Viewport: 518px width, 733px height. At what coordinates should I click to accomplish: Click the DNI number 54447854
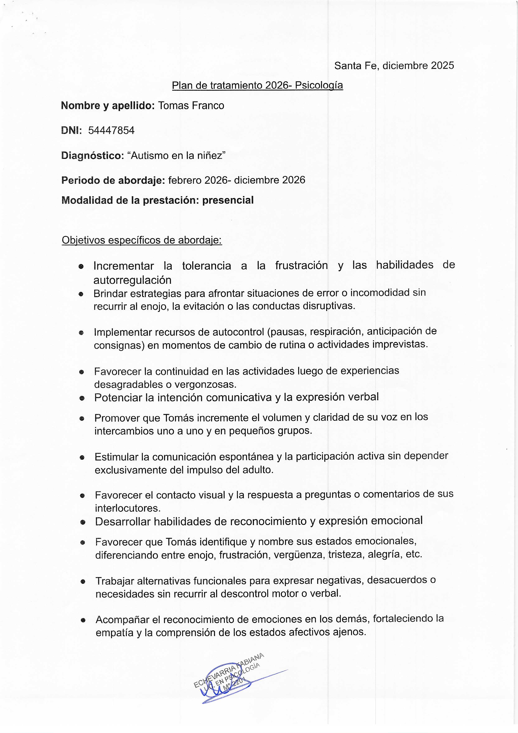click(x=111, y=130)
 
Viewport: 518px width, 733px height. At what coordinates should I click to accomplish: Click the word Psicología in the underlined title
click(x=319, y=85)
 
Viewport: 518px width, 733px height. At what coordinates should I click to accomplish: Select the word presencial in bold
click(x=228, y=200)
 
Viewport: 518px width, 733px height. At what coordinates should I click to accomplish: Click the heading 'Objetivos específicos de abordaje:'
click(x=142, y=240)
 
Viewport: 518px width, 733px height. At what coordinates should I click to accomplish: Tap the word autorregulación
click(x=132, y=280)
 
